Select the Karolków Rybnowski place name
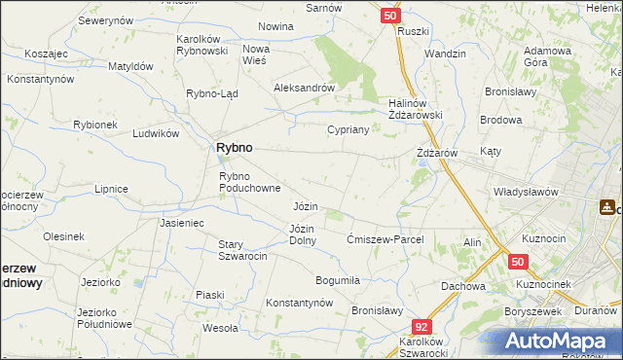202,45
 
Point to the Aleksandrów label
305,87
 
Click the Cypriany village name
348,129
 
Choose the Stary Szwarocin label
242,250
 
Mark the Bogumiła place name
338,280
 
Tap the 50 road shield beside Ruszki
389,16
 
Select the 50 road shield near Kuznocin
518,262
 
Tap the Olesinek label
63,236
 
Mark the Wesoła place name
220,328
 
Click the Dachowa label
462,286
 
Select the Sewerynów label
105,20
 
